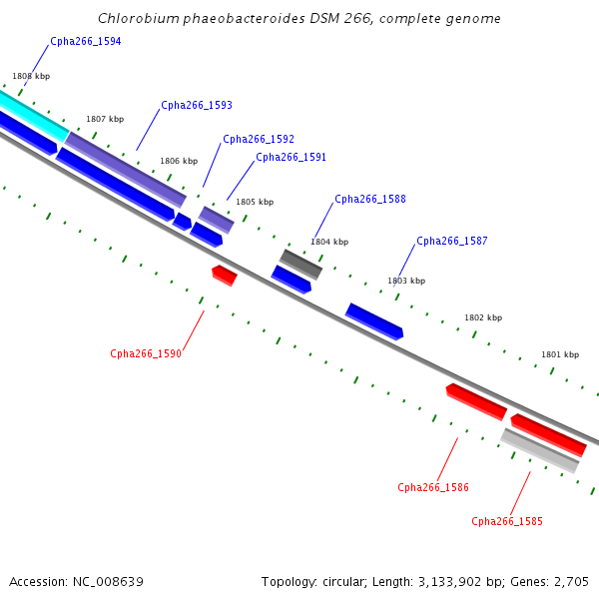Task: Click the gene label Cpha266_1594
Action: coord(86,41)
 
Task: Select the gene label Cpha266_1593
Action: coord(197,105)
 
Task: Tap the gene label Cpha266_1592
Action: coord(259,139)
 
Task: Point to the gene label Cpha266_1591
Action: coord(292,157)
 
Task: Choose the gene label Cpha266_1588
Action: coord(370,199)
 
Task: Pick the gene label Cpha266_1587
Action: coord(452,241)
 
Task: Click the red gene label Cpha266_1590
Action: coord(146,353)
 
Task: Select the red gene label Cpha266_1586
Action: coord(433,487)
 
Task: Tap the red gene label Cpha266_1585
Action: coord(507,521)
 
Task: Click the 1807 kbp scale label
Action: coord(105,119)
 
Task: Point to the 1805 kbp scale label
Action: coord(255,202)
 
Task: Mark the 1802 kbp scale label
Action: coord(483,317)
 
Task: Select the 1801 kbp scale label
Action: coord(560,354)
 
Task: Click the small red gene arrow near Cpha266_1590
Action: coord(225,276)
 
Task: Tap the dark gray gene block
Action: coord(301,265)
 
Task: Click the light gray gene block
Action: coord(540,451)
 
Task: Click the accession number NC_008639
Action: coord(108,582)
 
